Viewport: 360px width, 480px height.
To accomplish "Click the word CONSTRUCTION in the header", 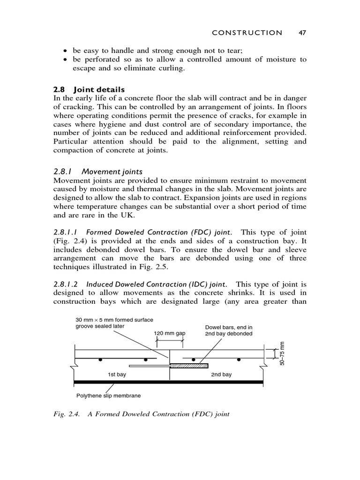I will coord(247,32).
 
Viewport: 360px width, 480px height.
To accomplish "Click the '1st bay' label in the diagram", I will coord(117,375).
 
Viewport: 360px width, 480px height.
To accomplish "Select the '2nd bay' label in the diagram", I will coord(221,375).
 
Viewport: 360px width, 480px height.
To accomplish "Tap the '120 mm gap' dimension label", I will coord(170,333).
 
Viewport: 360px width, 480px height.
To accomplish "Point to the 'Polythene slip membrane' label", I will coord(108,395).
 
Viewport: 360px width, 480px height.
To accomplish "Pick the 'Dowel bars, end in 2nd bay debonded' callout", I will coord(229,330).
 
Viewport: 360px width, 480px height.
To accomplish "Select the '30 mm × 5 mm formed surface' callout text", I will coord(114,320).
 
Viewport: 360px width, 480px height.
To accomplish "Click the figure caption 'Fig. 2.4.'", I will coord(67,415).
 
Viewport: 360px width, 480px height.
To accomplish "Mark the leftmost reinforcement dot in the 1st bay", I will coord(100,360).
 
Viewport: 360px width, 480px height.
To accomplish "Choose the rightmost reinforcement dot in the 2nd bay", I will coord(239,360).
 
